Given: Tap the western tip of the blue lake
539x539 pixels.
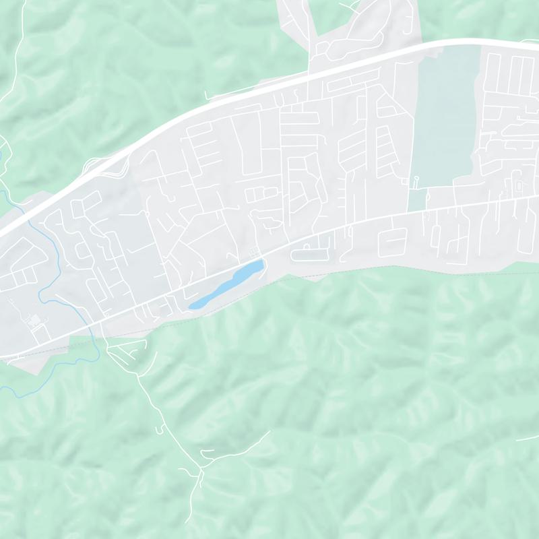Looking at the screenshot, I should tap(191, 307).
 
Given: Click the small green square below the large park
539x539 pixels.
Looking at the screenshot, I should tap(417, 199).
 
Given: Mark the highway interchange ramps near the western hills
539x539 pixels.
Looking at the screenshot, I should tap(101, 165).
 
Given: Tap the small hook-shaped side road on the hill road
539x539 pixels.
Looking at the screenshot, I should tap(160, 429).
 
